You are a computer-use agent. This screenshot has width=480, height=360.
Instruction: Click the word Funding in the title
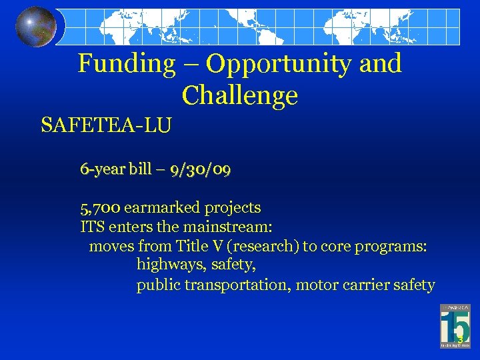pyautogui.click(x=125, y=64)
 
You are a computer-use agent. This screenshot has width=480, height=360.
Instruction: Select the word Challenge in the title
pyautogui.click(x=239, y=96)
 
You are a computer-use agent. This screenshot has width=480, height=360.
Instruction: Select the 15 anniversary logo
pyautogui.click(x=455, y=326)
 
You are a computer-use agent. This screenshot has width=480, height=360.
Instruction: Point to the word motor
pyautogui.click(x=316, y=285)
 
